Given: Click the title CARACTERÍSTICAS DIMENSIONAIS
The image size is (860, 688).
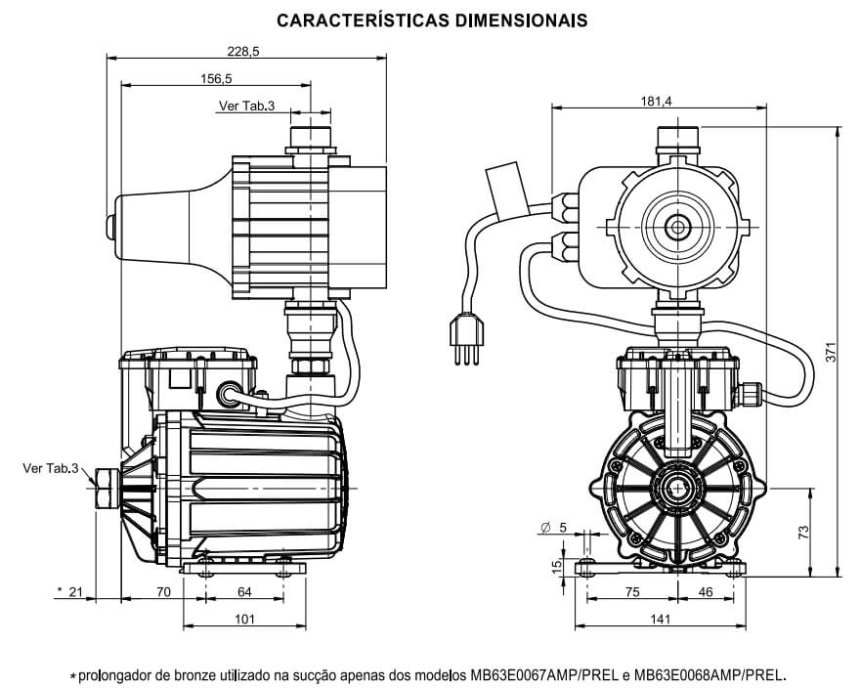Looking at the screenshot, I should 431,20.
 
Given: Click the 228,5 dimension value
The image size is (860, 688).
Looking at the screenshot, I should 242,53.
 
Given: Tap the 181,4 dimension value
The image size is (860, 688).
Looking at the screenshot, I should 656,101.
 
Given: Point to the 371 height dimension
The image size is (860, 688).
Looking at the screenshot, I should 831,353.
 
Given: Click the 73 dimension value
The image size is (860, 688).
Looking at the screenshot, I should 803,532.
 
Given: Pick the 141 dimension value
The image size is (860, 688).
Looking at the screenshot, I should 661,619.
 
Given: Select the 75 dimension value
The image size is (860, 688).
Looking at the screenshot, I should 632,592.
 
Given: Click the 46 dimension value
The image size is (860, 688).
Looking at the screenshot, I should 706,592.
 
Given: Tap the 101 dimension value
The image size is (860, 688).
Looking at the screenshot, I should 244,619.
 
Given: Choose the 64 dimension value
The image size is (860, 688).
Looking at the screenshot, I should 244,592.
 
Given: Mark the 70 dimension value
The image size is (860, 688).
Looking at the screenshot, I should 163,592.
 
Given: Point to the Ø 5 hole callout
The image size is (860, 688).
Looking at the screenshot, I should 553,528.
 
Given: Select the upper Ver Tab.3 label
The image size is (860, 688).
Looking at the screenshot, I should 246,106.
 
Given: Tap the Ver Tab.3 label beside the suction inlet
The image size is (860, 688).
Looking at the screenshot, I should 50,469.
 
